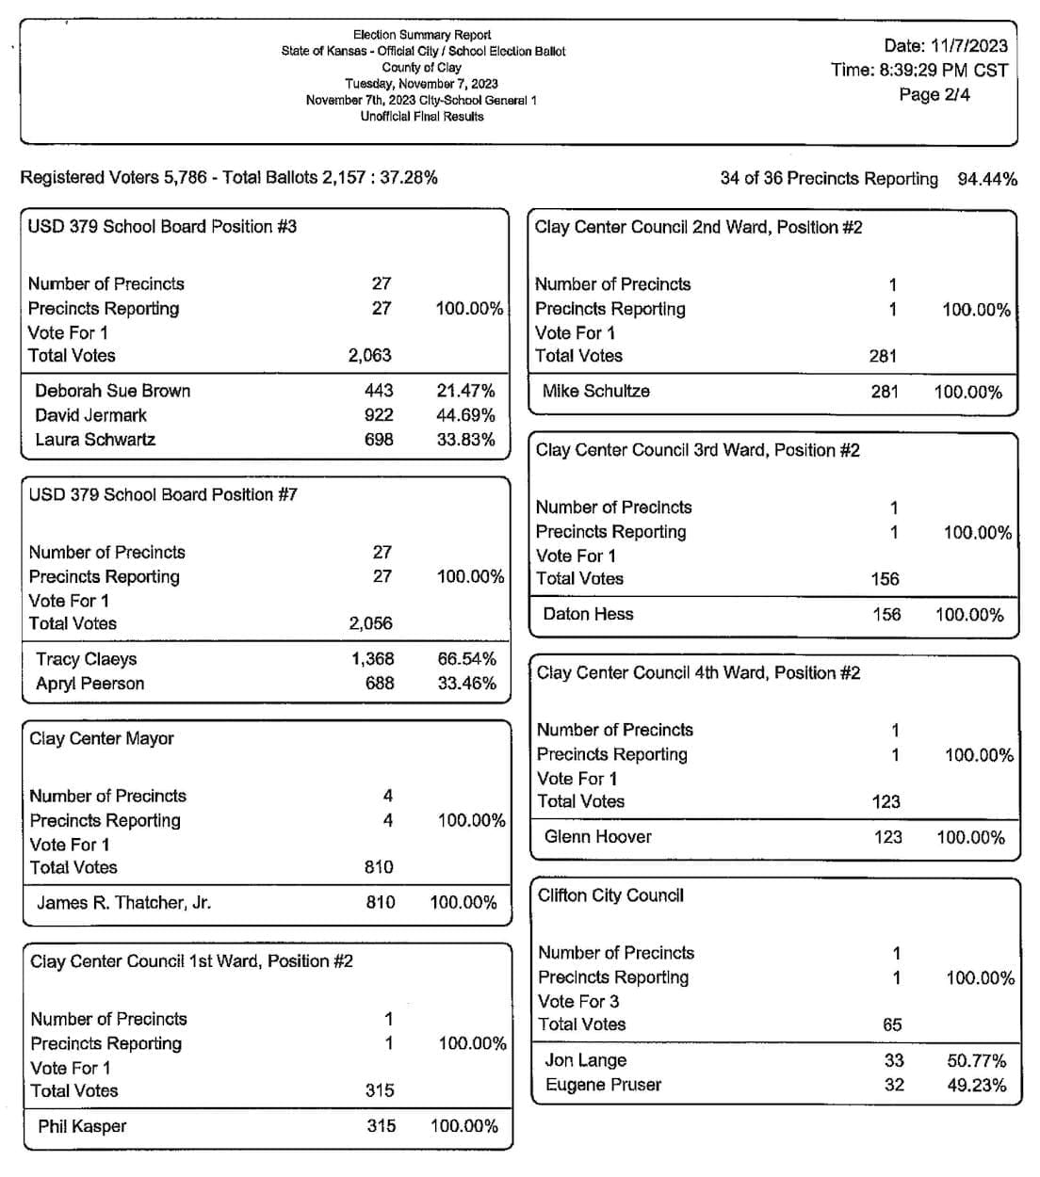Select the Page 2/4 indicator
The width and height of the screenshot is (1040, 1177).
tap(934, 94)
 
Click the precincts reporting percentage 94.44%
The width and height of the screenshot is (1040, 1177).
tap(986, 179)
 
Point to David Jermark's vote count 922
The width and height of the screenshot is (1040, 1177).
tap(379, 415)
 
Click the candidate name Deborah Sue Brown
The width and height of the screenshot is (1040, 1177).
tap(112, 391)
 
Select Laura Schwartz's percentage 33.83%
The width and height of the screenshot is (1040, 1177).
tap(465, 440)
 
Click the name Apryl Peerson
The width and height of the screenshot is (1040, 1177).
tap(89, 684)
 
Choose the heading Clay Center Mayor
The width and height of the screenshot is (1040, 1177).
tap(101, 738)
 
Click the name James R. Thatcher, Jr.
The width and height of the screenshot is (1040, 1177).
tap(123, 903)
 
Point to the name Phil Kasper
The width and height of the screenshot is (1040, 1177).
tap(82, 1126)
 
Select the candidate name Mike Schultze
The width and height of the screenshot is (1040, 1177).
tap(595, 391)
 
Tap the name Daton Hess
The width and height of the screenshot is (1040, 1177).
tap(588, 614)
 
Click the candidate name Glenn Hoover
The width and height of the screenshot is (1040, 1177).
tap(597, 836)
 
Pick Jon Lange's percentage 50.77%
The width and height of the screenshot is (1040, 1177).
tap(976, 1060)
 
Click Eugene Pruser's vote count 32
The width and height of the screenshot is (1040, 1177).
tap(894, 1085)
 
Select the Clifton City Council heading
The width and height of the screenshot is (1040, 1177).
tap(610, 895)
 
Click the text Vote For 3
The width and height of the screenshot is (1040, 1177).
tap(578, 1001)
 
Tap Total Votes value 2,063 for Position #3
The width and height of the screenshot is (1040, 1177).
tap(369, 356)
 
